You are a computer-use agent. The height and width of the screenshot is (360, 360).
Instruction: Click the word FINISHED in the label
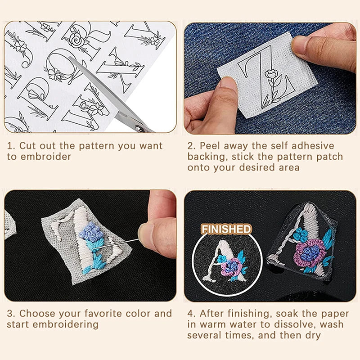[x=226, y=229]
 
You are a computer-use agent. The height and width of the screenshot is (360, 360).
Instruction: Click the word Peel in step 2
[x=210, y=146]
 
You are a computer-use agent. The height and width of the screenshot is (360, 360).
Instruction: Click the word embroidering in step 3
[x=69, y=324]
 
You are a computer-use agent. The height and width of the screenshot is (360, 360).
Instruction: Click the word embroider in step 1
[x=45, y=157]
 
